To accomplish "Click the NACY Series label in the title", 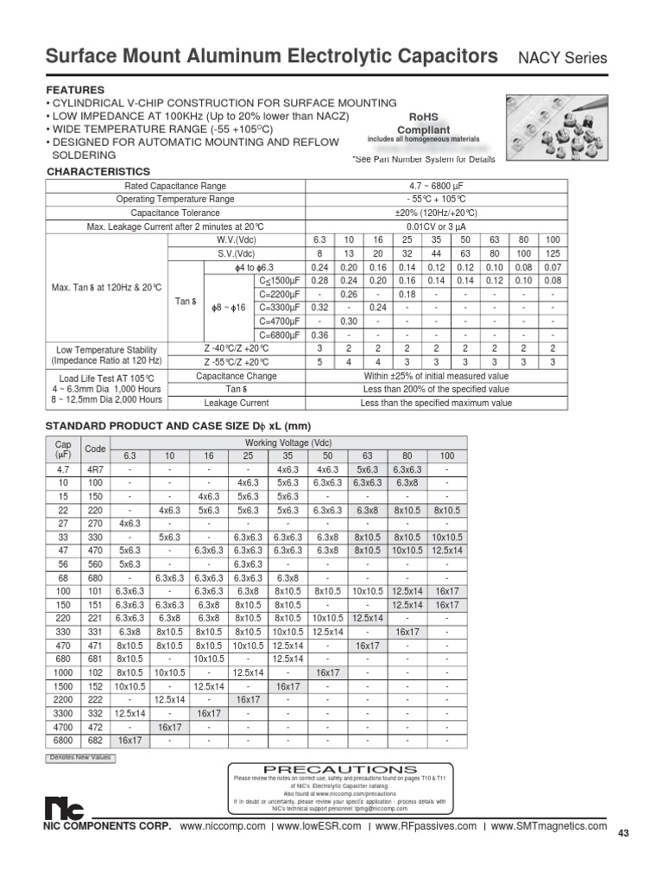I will (562, 59).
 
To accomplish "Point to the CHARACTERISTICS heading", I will (98, 172).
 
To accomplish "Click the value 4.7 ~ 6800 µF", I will (436, 186).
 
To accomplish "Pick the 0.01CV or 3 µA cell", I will (436, 226).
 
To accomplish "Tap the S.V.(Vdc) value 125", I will (552, 254).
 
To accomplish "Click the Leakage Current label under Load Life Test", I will (236, 403).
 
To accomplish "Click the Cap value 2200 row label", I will (63, 700).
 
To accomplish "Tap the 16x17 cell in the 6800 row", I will (129, 741).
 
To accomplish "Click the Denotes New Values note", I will (79, 758).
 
